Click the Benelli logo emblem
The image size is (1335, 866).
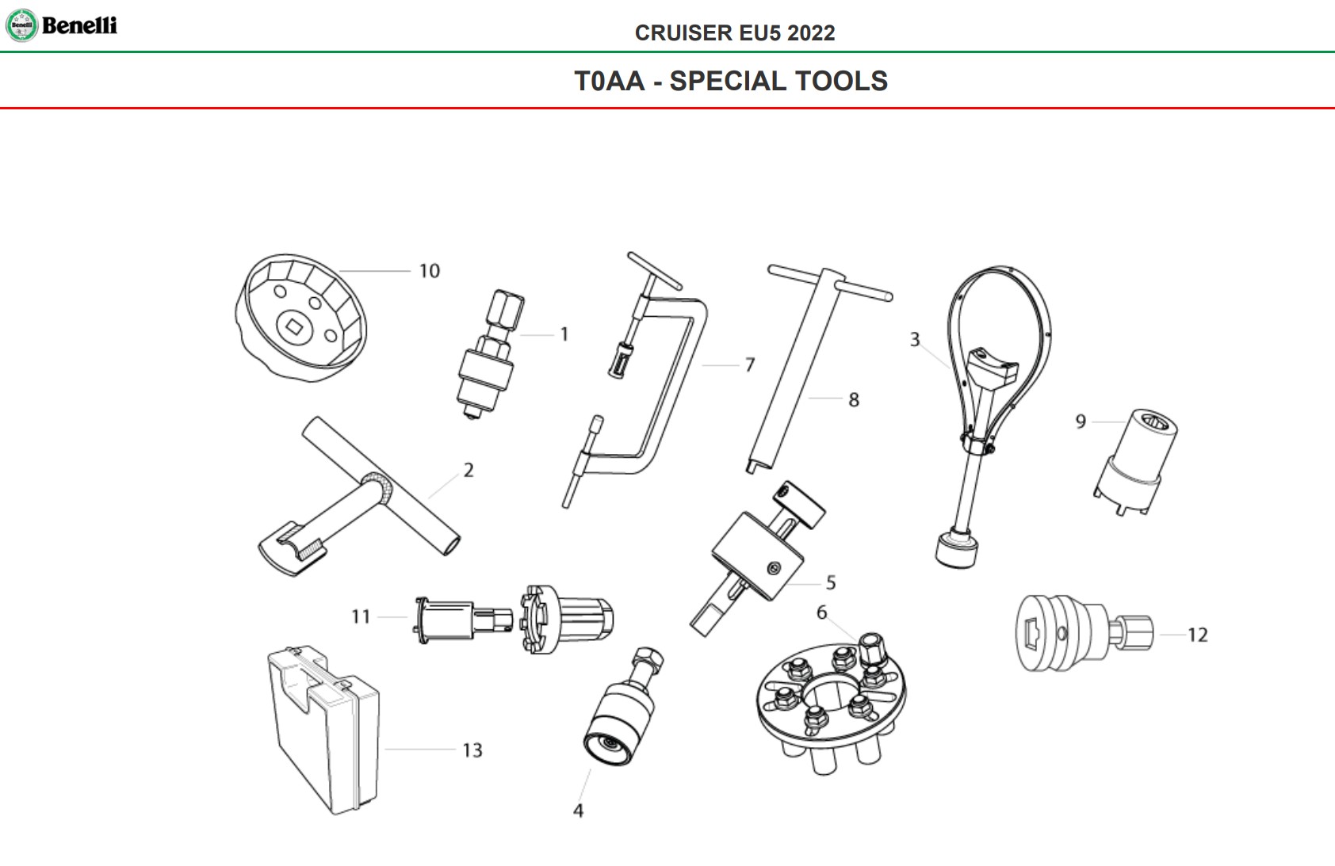(x=22, y=25)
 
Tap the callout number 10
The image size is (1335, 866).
(x=429, y=271)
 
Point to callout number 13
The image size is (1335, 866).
(x=472, y=750)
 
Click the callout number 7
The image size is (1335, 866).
(x=750, y=364)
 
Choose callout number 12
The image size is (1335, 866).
(x=1198, y=635)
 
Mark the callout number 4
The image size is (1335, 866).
(x=578, y=810)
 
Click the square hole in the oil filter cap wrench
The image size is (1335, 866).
(x=293, y=326)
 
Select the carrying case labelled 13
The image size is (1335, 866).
(x=323, y=729)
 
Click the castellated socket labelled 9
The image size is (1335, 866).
(x=1135, y=462)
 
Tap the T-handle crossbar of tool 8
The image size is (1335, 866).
(x=830, y=283)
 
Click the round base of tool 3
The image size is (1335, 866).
(x=957, y=550)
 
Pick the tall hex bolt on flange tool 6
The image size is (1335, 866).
(x=872, y=650)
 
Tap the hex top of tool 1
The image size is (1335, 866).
(x=506, y=308)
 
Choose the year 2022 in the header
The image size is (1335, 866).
(x=811, y=32)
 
